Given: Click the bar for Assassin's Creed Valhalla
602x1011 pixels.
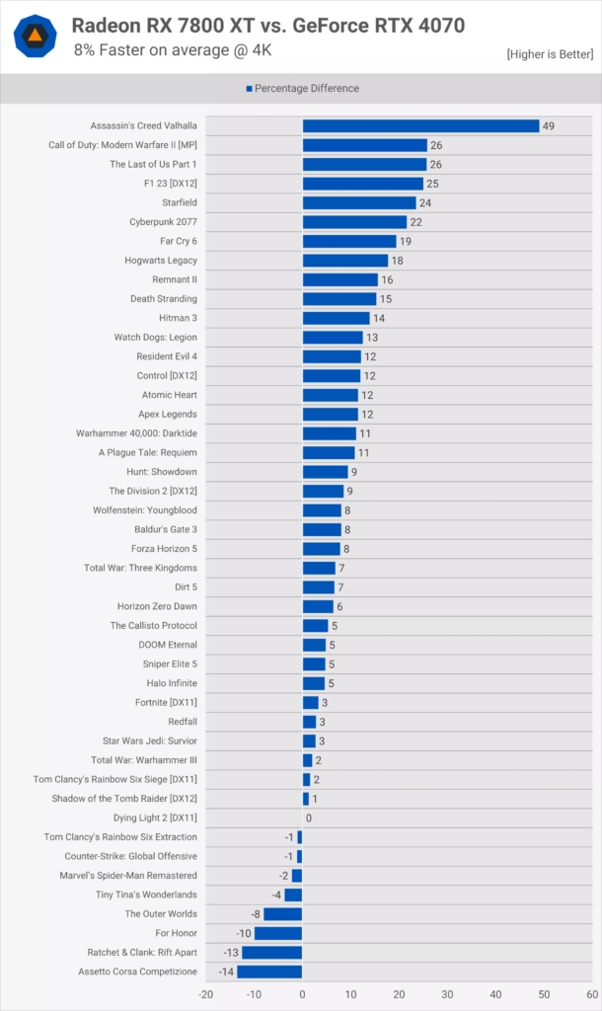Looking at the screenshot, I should (420, 125).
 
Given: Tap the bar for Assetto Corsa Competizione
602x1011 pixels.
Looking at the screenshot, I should (269, 972).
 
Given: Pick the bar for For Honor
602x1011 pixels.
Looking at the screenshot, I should (278, 933).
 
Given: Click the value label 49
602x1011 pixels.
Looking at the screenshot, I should (548, 125).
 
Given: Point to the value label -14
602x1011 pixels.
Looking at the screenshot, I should (225, 972).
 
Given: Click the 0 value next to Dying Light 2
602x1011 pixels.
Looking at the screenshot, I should (309, 817).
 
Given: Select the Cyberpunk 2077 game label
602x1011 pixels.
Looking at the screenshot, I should (163, 222).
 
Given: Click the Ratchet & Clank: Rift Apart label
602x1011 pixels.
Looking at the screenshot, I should (142, 953).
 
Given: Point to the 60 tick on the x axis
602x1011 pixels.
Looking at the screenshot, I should (592, 994).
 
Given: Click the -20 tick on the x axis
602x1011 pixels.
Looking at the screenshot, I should (205, 994).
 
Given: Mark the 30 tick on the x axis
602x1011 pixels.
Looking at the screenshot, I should (447, 994).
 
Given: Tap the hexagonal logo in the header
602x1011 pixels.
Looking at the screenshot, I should (35, 36).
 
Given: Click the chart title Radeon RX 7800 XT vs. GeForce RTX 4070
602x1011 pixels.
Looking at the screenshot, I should (267, 26).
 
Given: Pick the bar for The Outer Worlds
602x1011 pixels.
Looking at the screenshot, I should (282, 914).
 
